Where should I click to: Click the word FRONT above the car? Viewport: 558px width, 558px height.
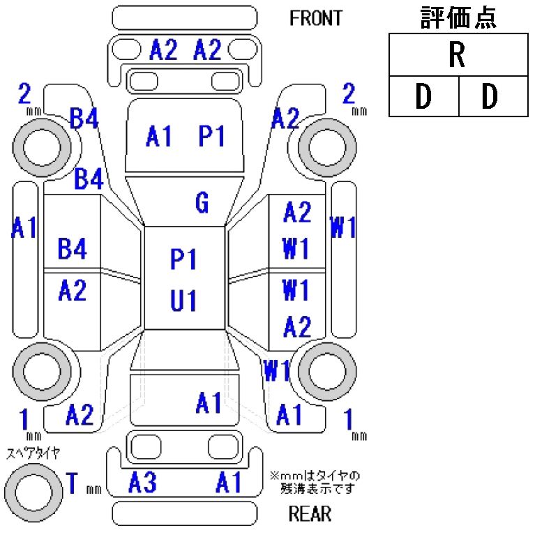coord(316,18)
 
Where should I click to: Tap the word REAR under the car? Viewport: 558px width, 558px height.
coord(310,515)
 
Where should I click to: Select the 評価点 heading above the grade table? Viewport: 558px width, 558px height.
coord(458,18)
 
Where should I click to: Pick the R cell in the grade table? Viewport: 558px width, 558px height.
coord(458,56)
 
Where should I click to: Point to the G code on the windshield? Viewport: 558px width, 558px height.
coord(202,203)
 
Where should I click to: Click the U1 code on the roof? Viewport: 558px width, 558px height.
coord(183,301)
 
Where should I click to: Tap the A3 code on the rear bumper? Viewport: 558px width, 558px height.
coord(142,482)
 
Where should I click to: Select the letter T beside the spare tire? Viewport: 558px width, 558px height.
coord(72,483)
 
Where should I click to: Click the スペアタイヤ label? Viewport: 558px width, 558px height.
coord(33,453)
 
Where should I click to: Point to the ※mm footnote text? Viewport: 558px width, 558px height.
coord(315,482)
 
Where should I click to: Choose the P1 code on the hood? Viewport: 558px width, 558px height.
coord(211,137)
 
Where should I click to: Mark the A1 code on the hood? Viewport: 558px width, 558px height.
coord(159,137)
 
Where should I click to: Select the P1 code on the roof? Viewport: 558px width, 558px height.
coord(183,259)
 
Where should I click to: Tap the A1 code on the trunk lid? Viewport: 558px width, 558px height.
coord(209,402)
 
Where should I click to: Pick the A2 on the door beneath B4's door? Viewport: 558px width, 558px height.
coord(72,290)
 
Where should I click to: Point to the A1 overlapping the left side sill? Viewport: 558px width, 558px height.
coord(24,228)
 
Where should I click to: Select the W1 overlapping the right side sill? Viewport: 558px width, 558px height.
coord(343,228)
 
